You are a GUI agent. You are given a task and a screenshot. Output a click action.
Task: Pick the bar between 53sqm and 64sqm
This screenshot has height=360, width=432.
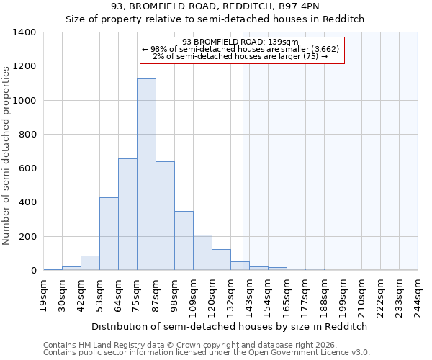pos(109,234)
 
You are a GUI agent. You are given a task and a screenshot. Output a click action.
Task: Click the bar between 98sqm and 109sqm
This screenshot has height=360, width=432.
pos(184,240)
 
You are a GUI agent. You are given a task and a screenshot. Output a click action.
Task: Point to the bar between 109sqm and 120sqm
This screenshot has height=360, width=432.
pos(202,253)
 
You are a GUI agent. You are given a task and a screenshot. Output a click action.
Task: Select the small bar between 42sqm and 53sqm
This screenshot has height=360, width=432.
pos(90,263)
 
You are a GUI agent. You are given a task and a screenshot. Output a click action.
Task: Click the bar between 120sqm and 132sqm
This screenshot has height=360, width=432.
pos(221,260)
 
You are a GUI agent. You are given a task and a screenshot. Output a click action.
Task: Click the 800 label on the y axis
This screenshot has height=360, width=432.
pos(27,135)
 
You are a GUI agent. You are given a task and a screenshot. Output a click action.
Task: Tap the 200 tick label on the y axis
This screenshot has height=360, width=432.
pos(27,237)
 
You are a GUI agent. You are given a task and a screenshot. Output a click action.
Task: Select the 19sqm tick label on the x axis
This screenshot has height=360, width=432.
pos(44,294)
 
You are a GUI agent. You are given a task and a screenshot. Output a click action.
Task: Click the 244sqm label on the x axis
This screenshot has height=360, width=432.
pos(418,296)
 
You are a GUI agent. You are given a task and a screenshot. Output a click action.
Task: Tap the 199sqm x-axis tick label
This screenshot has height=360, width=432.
pos(343,296)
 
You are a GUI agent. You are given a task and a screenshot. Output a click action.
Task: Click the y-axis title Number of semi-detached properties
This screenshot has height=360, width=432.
pos(6,155)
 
